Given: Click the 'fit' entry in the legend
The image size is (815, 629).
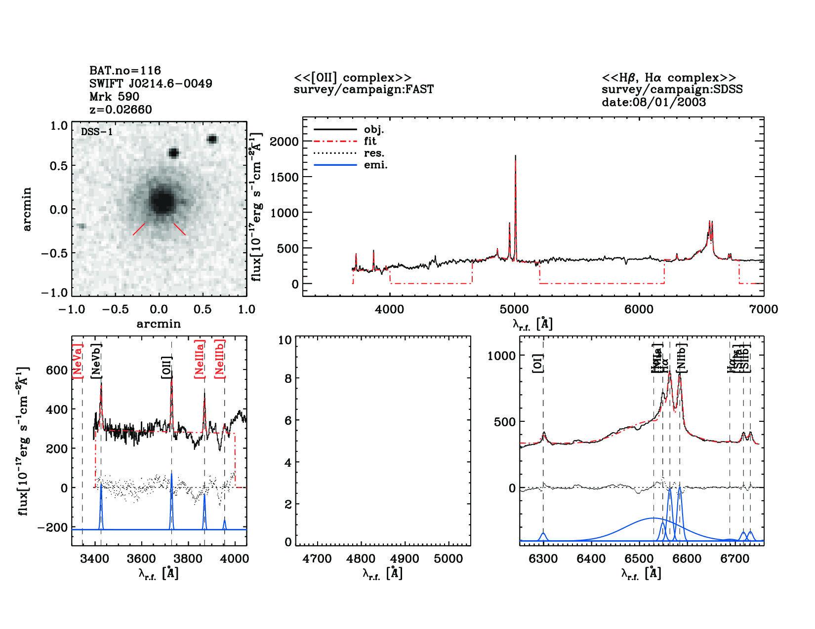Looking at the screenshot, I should pyautogui.click(x=370, y=142).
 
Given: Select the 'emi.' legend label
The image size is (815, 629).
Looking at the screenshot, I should pyautogui.click(x=375, y=165).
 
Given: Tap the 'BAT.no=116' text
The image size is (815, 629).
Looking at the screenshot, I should pyautogui.click(x=125, y=71).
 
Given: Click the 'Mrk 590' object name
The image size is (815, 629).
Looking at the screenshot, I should pyautogui.click(x=114, y=97).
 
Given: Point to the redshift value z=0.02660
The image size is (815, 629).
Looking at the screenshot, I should pyautogui.click(x=121, y=110).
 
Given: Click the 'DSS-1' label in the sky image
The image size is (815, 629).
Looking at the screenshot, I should pyautogui.click(x=97, y=132).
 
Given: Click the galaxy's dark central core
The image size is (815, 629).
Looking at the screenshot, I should pyautogui.click(x=162, y=201).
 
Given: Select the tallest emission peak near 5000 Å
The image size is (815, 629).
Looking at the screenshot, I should pyautogui.click(x=515, y=157).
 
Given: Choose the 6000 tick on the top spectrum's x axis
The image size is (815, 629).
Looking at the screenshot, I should pyautogui.click(x=639, y=309).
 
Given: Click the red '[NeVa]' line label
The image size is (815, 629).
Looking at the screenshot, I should pyautogui.click(x=78, y=361).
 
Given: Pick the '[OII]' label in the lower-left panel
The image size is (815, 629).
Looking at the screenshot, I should pyautogui.click(x=166, y=368).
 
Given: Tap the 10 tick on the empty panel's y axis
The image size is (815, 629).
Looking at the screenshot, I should pyautogui.click(x=285, y=340).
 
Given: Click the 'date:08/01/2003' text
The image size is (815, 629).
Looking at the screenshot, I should pyautogui.click(x=653, y=102).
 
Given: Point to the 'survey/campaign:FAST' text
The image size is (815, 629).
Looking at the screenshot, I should pyautogui.click(x=364, y=90).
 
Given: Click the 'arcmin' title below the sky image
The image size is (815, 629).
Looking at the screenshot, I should pyautogui.click(x=159, y=324).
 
